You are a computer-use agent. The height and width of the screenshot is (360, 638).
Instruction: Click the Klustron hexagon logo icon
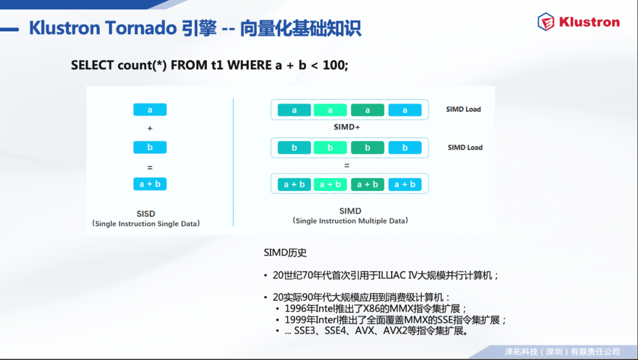tap(546, 22)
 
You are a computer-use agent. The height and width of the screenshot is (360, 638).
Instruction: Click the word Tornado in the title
tap(141, 28)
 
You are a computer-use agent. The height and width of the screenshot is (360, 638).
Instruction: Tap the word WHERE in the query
tap(249, 65)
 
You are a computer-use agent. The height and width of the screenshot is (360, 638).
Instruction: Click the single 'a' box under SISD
tap(149, 109)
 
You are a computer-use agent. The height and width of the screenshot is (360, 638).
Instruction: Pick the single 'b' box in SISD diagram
tap(149, 147)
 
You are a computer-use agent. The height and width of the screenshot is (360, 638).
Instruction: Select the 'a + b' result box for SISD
tap(149, 184)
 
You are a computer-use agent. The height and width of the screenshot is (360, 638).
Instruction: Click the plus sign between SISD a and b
tap(149, 128)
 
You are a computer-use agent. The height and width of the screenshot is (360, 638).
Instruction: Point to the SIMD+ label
tap(347, 127)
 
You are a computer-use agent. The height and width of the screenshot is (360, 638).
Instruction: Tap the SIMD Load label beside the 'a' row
tap(464, 109)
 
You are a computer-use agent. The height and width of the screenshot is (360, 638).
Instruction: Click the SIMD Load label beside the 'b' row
tap(465, 147)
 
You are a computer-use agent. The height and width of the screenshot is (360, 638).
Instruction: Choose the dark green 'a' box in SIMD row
tap(367, 110)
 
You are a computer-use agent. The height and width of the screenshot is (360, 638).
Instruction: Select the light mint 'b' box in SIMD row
tap(330, 147)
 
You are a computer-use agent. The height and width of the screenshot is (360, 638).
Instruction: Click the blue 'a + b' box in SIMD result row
tap(405, 184)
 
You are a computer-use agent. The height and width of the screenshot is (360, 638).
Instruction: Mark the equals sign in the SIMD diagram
tap(347, 166)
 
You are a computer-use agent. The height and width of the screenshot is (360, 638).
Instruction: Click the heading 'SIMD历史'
tap(285, 252)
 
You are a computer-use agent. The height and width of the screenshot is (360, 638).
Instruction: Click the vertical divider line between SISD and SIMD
tap(233, 162)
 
